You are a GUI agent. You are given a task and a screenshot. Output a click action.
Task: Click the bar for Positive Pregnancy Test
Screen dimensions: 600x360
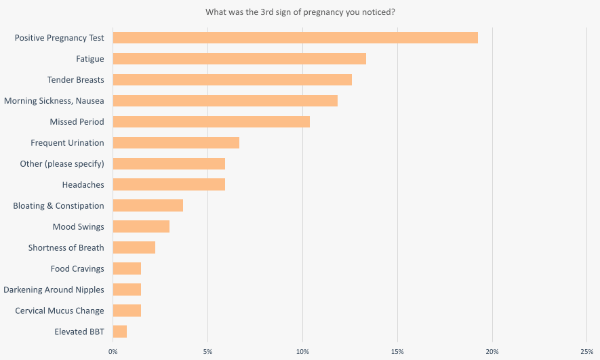point(296,37)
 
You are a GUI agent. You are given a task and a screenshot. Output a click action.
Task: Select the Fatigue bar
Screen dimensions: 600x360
point(239,58)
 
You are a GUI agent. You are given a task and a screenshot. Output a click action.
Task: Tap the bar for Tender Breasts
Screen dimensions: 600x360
point(233,79)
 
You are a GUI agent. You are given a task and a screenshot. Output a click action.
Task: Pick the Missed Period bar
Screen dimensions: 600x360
point(212,121)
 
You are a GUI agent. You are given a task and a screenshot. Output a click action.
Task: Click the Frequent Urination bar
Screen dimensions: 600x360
point(176,142)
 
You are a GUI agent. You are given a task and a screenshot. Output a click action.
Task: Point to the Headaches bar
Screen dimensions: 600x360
point(169,184)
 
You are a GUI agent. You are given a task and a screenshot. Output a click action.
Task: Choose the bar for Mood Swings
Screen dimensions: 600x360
point(141,226)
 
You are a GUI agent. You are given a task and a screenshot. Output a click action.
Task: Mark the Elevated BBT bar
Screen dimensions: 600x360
point(120,332)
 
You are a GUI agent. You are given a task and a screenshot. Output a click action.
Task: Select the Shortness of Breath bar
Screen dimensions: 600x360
point(134,247)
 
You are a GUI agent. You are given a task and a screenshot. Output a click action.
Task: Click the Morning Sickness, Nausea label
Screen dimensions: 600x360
point(54,101)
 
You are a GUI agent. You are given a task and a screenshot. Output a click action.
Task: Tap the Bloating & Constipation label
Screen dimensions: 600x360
point(58,206)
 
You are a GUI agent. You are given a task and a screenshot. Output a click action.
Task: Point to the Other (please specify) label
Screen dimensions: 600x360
point(62,164)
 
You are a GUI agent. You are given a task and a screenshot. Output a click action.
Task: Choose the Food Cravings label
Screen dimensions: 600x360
point(77,269)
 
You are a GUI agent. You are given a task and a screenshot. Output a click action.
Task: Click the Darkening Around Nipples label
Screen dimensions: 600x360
point(54,289)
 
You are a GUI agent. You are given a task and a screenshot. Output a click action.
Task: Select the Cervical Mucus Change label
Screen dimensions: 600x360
point(59,311)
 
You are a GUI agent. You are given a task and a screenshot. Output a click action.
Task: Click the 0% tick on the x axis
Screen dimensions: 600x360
point(113,352)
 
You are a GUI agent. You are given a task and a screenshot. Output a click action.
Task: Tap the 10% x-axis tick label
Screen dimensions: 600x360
point(302,352)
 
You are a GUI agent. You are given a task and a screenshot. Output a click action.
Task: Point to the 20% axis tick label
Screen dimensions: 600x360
point(492,352)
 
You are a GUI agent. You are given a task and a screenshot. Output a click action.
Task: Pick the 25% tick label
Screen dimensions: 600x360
point(587,352)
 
